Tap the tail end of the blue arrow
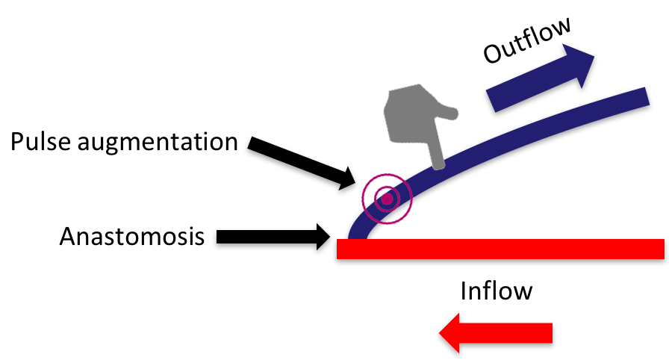tap(492, 102)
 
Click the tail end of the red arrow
tap(551, 333)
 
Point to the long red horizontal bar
tap(500, 249)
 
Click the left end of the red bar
tap(338, 249)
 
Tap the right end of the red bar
tap(662, 249)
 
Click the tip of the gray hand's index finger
tap(438, 165)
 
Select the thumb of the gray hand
tap(451, 113)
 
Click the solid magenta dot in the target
tap(387, 199)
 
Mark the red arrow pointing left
tap(496, 333)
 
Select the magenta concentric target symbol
tap(387, 199)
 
